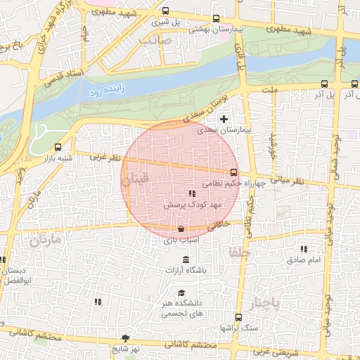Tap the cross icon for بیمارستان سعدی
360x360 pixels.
coord(224,119)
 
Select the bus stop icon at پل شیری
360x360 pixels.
coord(165,11)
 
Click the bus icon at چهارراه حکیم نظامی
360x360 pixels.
coord(233,172)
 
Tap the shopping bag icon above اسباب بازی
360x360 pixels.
coord(181,229)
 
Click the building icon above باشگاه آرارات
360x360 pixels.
coord(186,259)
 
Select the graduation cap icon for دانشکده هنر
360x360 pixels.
coord(181,293)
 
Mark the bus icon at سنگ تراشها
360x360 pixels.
coord(238,317)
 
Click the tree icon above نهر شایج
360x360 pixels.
coord(126,338)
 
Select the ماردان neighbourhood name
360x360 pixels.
coord(46,240)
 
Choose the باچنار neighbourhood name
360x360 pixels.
coord(266,302)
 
